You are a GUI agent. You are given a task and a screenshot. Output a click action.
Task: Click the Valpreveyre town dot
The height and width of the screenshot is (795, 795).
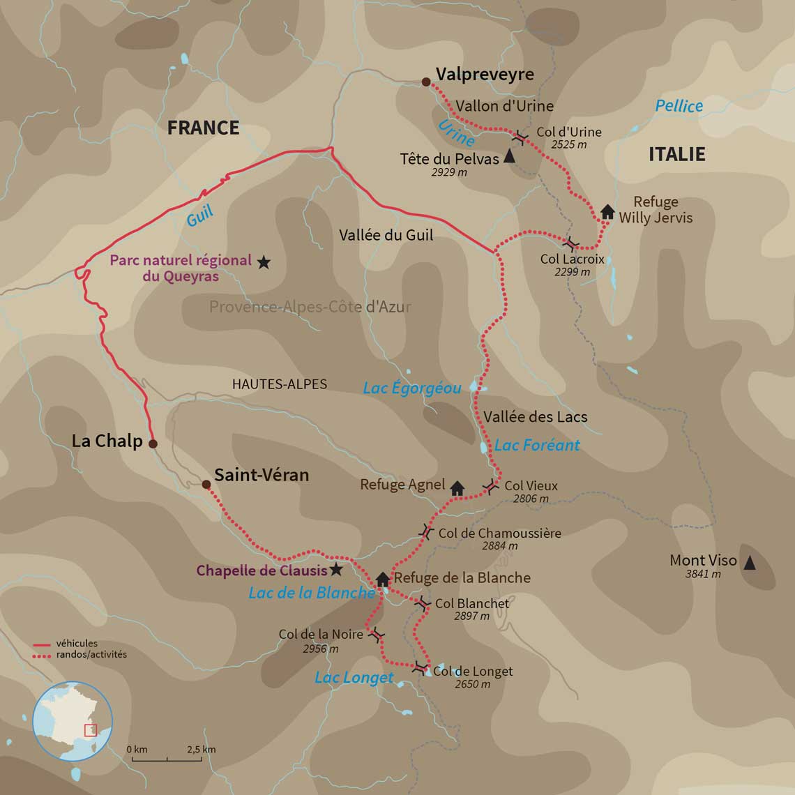click(x=426, y=82)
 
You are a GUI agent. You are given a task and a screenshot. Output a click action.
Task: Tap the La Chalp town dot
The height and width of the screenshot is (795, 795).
click(x=153, y=444)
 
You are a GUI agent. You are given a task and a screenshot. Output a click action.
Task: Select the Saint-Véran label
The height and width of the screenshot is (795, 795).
click(x=261, y=476)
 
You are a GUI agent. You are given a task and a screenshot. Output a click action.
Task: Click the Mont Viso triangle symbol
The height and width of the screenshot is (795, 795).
click(x=750, y=563)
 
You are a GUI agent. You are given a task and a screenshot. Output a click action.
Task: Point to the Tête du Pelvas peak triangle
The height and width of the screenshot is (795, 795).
click(x=509, y=157)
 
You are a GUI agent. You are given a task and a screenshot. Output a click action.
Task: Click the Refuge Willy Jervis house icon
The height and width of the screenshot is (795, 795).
click(x=607, y=211)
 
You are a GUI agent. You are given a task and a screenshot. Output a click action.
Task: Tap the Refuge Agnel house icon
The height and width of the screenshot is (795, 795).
click(x=457, y=488)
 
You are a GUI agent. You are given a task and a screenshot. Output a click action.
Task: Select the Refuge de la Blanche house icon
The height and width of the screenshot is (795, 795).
click(x=382, y=579)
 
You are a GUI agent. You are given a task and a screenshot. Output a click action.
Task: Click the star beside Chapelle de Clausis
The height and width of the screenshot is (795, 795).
click(x=336, y=570)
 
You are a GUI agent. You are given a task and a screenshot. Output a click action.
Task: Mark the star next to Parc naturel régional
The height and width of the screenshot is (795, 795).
click(x=263, y=262)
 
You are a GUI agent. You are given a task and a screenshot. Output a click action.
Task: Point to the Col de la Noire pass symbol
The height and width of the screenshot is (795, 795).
click(x=377, y=635)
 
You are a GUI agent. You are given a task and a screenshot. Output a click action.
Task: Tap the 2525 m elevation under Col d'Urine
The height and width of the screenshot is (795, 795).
click(x=568, y=144)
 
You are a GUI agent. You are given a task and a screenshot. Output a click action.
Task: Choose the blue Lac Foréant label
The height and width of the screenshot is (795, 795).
click(x=537, y=445)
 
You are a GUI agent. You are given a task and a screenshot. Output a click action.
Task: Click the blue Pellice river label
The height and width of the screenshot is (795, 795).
click(x=679, y=106)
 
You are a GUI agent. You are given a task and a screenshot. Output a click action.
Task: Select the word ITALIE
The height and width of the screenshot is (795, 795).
click(x=676, y=154)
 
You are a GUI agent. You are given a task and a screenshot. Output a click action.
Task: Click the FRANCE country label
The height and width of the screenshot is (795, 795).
click(x=203, y=128)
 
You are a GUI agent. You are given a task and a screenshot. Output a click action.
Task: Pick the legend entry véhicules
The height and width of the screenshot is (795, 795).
click(x=77, y=644)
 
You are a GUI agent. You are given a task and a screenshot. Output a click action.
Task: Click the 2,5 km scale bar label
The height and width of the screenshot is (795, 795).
click(x=201, y=749)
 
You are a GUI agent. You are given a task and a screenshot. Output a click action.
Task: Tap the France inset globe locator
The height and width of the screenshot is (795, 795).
click(x=73, y=721)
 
